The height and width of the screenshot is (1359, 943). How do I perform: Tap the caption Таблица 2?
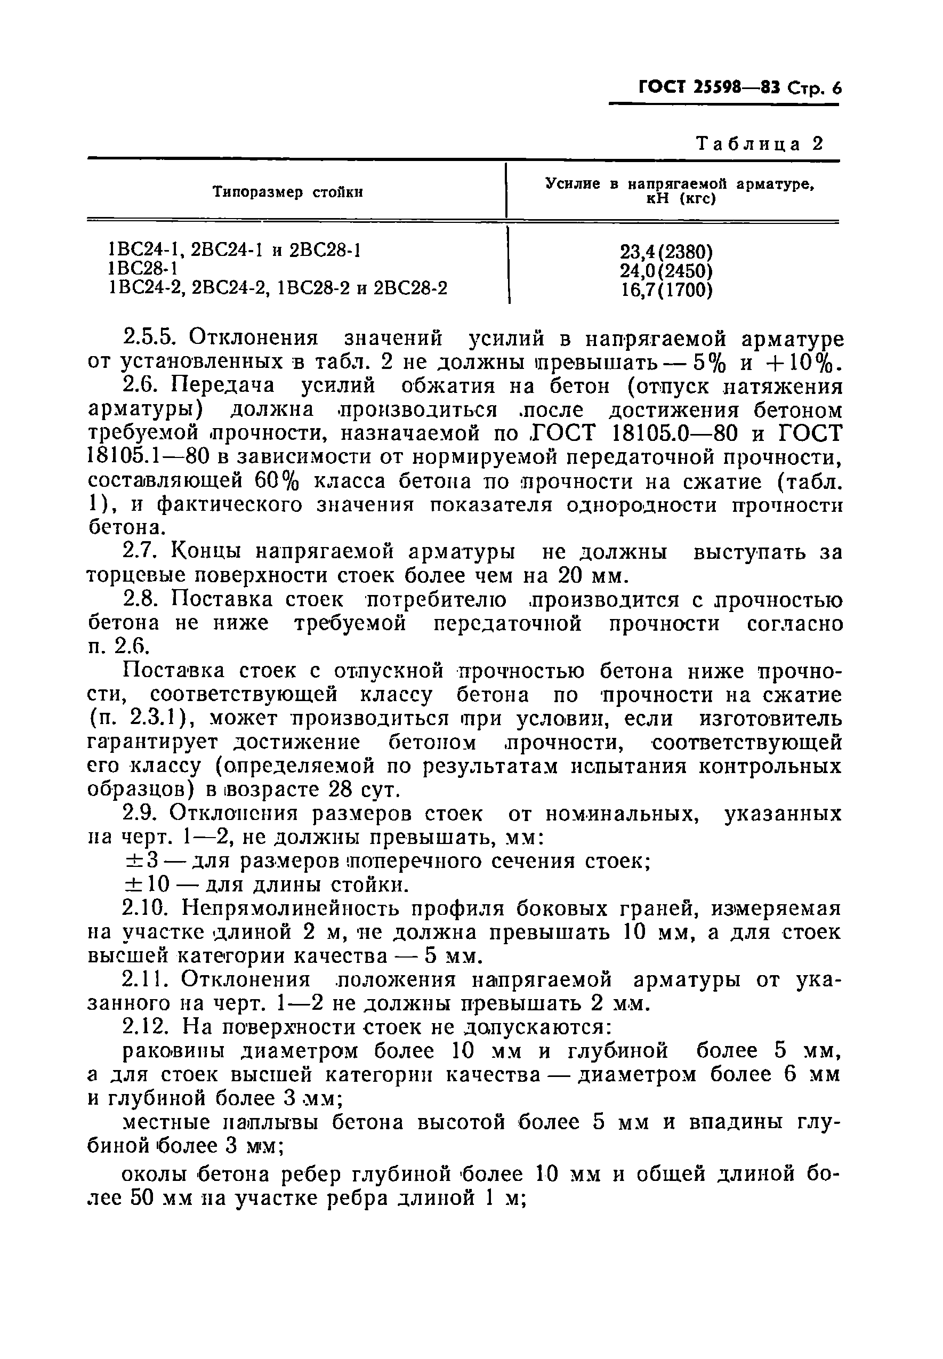tap(760, 144)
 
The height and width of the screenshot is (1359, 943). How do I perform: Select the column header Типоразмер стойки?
tap(288, 192)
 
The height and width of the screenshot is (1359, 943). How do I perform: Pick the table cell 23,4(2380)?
tap(666, 252)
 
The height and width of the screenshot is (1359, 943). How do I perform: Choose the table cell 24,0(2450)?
tap(666, 271)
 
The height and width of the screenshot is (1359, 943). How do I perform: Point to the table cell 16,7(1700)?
tap(666, 290)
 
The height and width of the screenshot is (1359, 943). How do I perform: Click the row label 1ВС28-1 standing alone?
tap(143, 269)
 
